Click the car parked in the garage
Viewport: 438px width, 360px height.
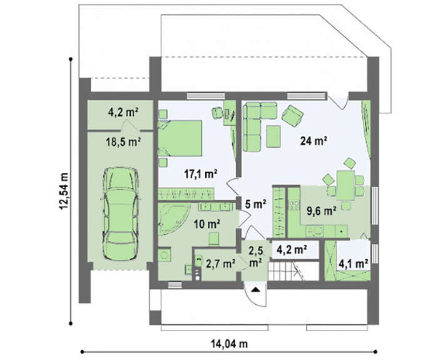[x=121, y=214]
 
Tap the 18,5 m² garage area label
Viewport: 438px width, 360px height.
[x=123, y=142]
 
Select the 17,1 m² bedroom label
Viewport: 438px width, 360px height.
[x=201, y=174]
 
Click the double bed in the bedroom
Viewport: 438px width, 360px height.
[x=180, y=138]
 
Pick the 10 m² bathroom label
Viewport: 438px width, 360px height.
[x=207, y=224]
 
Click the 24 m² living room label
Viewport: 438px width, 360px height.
[x=313, y=141]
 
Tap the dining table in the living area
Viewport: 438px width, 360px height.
[x=345, y=185]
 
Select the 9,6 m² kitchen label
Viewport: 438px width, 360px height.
[x=321, y=211]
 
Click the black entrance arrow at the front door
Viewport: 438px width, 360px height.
[x=255, y=289]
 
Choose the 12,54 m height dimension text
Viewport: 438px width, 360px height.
[x=64, y=190]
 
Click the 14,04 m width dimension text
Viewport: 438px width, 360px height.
[x=229, y=344]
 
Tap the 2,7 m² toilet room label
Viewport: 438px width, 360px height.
[x=220, y=264]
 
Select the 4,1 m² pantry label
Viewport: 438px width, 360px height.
[x=353, y=264]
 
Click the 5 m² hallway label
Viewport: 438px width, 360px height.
[x=255, y=204]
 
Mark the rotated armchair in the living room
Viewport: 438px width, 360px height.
[x=293, y=116]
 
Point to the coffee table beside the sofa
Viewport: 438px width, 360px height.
[x=273, y=136]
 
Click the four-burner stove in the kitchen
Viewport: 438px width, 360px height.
[x=294, y=205]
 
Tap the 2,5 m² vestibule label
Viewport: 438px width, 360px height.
[x=255, y=256]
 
